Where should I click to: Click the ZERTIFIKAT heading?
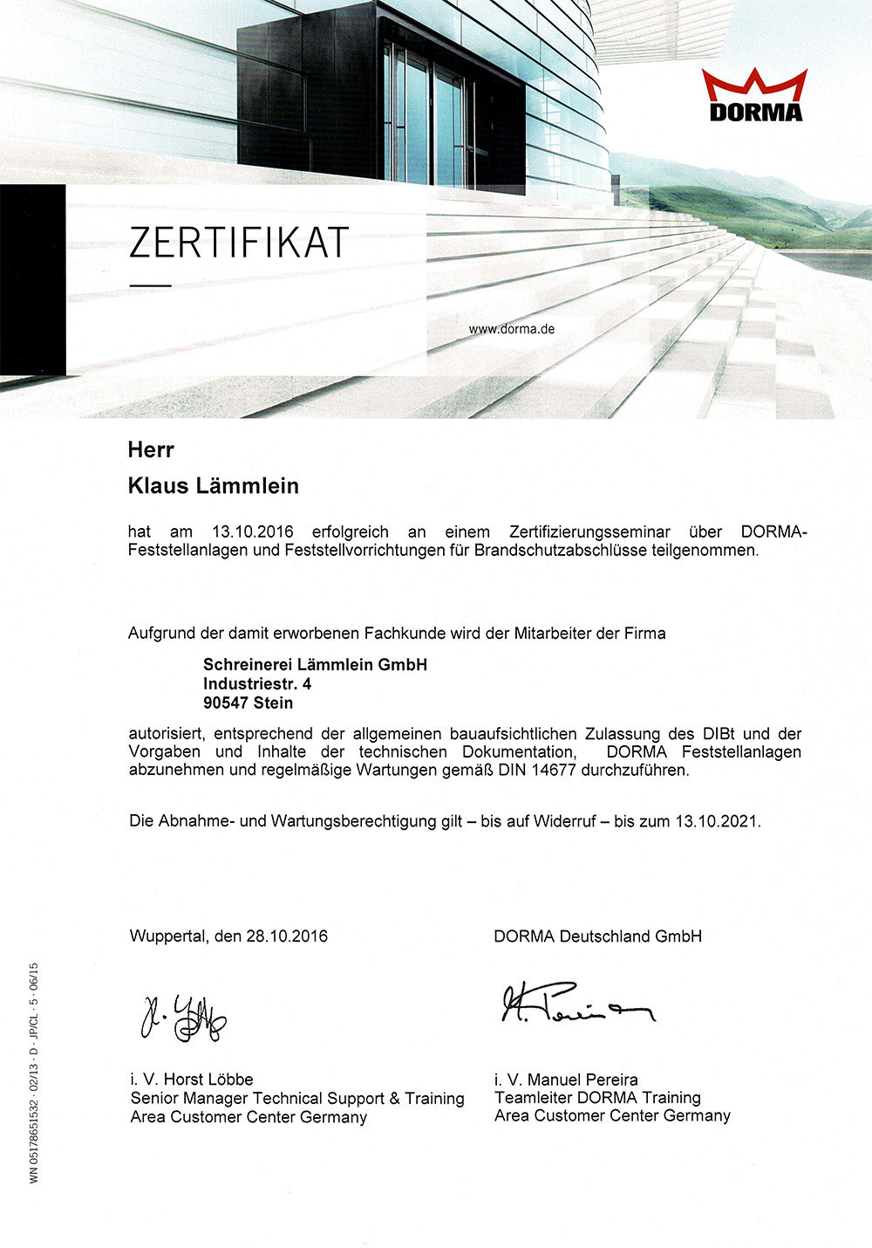coord(238,243)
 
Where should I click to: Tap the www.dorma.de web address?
coord(512,329)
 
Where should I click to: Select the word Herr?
coord(151,450)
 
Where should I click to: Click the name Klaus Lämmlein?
coord(214,486)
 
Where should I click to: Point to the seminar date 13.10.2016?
coord(253,531)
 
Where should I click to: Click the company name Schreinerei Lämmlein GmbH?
coord(315,665)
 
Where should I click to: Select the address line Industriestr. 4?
coord(257,683)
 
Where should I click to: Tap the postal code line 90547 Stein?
coord(248,703)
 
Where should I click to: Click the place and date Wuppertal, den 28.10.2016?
coord(228,936)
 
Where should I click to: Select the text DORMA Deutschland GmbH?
coord(597,936)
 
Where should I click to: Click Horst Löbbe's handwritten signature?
coord(184,1017)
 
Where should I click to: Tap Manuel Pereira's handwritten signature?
coord(576,1005)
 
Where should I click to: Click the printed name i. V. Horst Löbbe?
coord(192,1080)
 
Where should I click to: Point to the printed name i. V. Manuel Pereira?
coord(566,1080)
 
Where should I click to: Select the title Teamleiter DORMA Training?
coord(597,1098)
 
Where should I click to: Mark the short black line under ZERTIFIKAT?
coord(151,285)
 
